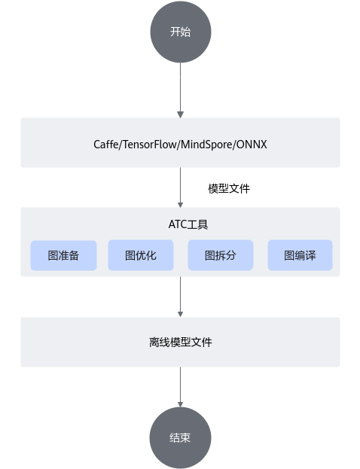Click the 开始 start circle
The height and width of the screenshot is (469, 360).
tap(181, 32)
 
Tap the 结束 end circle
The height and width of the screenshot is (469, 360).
tap(181, 437)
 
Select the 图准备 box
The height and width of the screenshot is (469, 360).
tap(63, 255)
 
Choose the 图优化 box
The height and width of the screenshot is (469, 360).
tap(141, 255)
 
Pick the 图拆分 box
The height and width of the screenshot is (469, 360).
tap(221, 255)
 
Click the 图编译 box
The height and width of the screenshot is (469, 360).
tap(301, 255)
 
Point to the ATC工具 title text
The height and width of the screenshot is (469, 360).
tap(188, 224)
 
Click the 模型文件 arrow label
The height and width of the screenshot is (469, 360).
tap(229, 188)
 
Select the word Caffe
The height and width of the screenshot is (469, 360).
tap(106, 145)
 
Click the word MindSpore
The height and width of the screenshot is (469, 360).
tap(207, 145)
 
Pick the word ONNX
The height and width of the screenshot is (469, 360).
tap(252, 145)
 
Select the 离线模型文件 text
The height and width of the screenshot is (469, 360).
tap(181, 343)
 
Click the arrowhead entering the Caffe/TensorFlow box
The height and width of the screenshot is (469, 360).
tap(181, 114)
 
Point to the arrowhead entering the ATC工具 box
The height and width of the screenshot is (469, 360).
tap(181, 205)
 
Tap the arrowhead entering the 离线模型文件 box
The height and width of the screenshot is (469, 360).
tap(181, 315)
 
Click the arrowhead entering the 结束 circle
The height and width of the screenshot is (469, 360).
tap(181, 404)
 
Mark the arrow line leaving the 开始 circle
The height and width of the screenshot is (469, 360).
tap(181, 90)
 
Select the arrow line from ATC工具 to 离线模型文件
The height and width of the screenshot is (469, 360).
tap(181, 297)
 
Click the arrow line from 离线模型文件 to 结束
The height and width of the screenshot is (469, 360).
tap(181, 387)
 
